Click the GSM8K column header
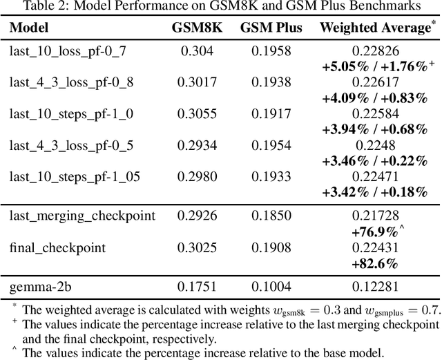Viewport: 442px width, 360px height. click(x=194, y=28)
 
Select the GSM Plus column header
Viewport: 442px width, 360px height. click(x=267, y=28)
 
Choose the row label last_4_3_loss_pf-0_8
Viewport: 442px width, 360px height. click(x=66, y=82)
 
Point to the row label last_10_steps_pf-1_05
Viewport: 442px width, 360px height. click(x=75, y=178)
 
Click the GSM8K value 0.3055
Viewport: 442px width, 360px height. click(x=194, y=114)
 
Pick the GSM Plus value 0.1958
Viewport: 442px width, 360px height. click(x=267, y=51)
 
